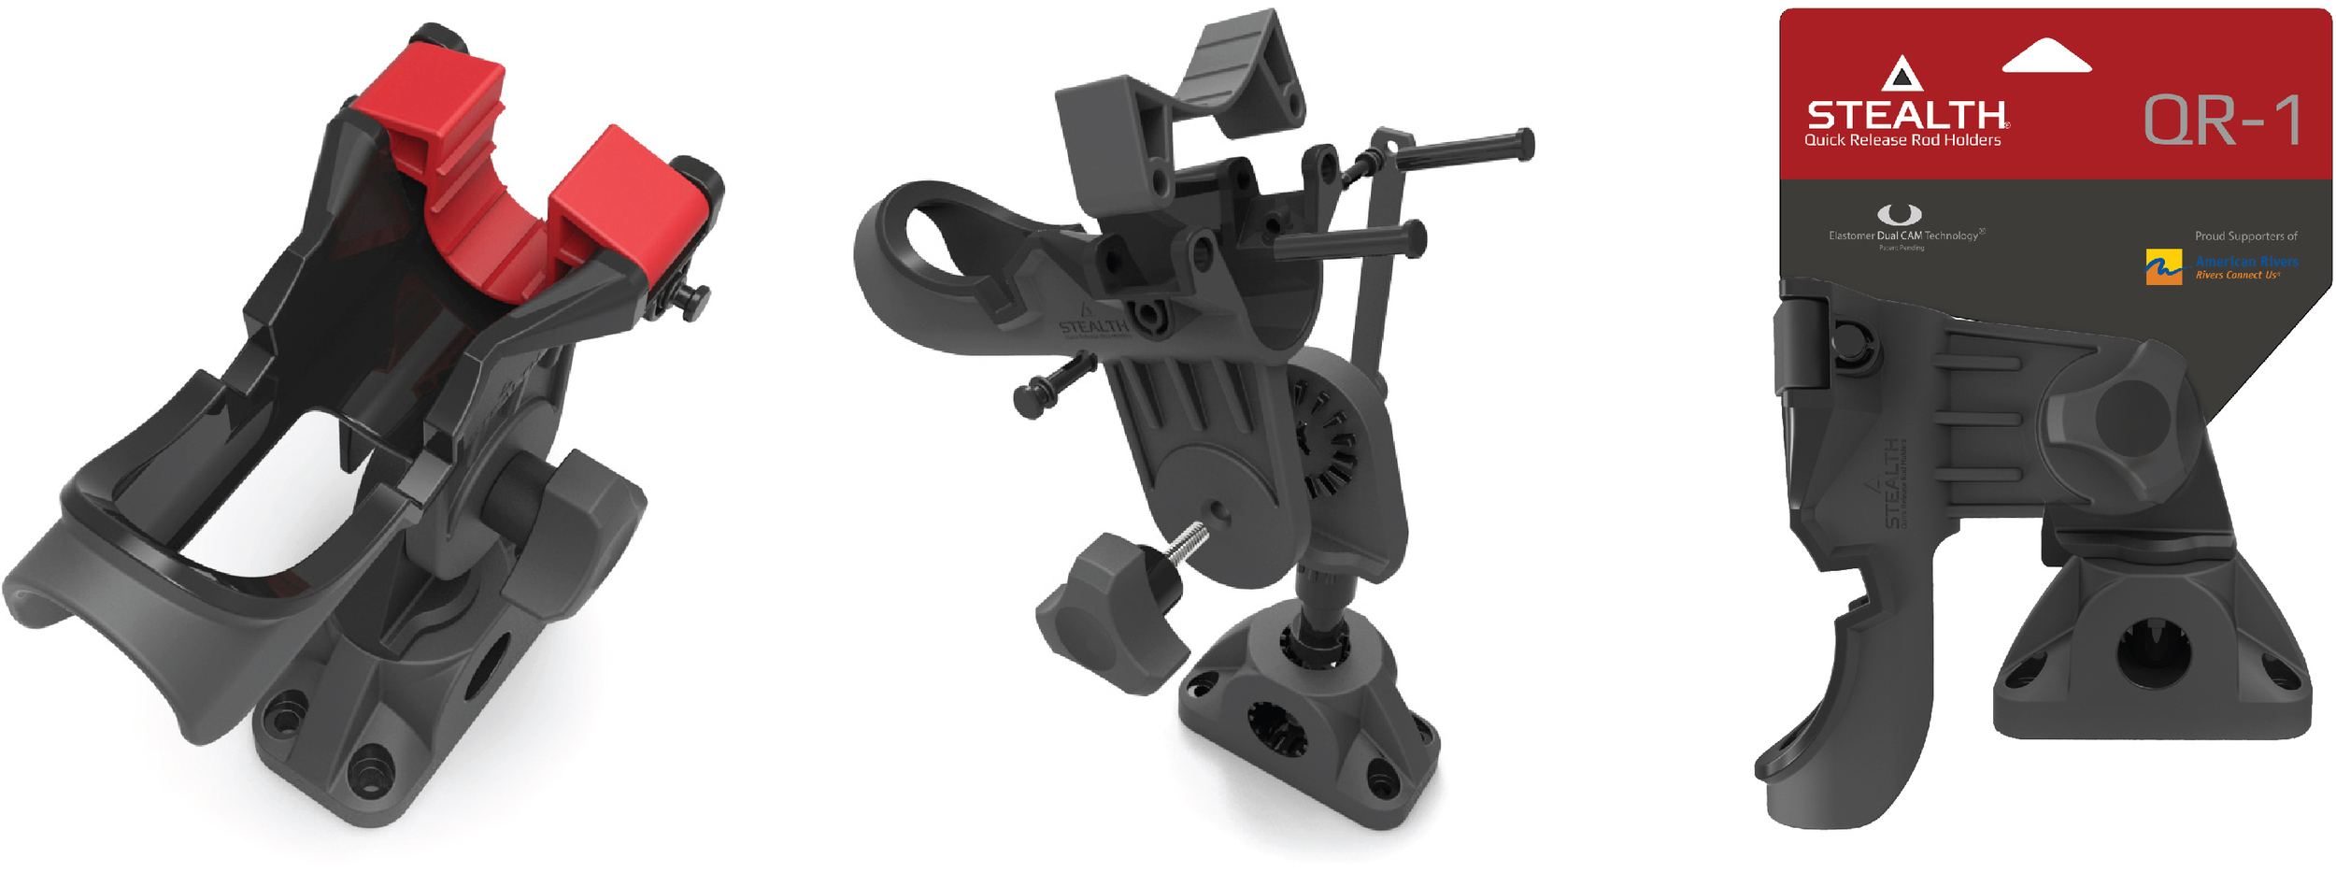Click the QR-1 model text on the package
(x=2222, y=122)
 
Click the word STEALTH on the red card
(x=1906, y=115)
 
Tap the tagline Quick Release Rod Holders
(x=1902, y=140)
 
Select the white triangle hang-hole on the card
(x=2046, y=56)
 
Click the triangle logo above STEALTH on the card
(x=1902, y=75)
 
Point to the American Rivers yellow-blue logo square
(x=2163, y=267)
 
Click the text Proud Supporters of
(x=2245, y=236)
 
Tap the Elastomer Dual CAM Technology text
(x=1904, y=236)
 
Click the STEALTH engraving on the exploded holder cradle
(x=1093, y=326)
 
